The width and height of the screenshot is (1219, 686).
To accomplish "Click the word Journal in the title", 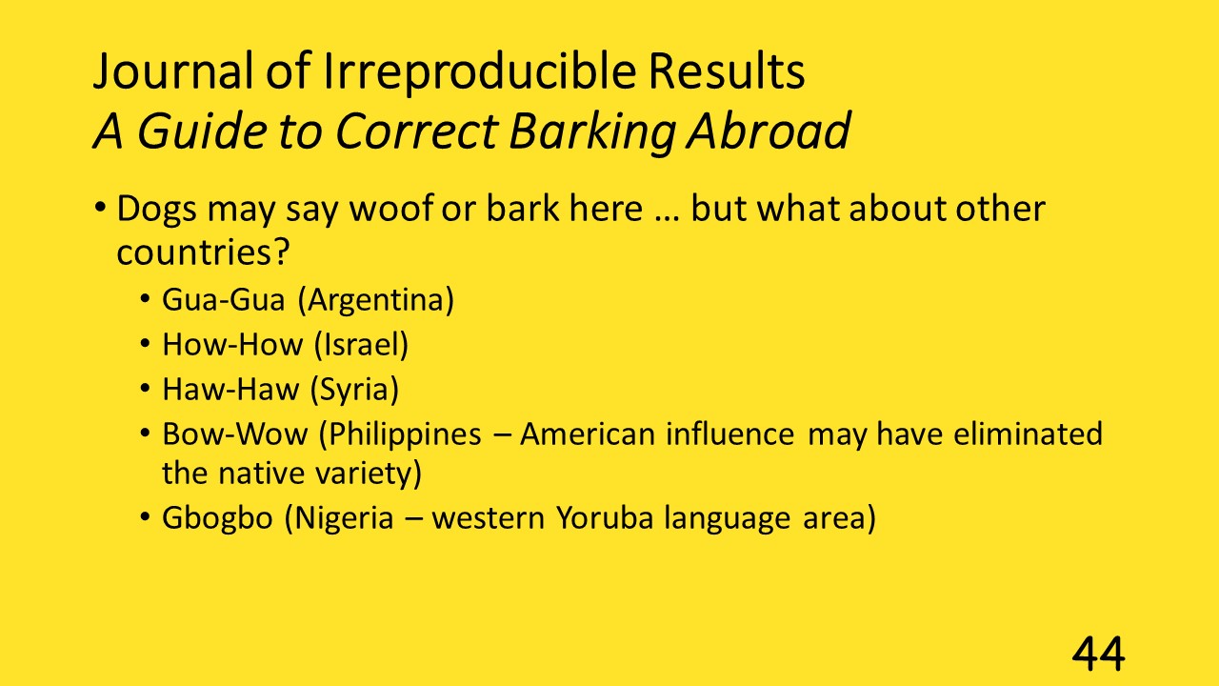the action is [173, 72].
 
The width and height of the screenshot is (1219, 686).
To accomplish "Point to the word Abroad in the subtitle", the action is [769, 131].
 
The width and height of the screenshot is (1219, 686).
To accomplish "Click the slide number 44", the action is [1098, 654].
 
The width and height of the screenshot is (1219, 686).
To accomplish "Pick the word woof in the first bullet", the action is [391, 208].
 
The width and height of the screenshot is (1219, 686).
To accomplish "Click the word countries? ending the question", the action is [203, 252].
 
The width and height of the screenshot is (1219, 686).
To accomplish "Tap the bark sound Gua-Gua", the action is [223, 299].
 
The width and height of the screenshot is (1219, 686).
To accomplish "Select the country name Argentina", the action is [376, 300].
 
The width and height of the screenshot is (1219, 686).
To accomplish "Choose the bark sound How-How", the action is [232, 345].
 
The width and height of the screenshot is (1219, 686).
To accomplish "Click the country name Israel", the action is [361, 345].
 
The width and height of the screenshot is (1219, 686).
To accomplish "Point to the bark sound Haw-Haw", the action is [230, 390].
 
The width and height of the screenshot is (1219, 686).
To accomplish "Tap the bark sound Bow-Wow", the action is [234, 434].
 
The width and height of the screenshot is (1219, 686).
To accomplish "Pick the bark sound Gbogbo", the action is [217, 517].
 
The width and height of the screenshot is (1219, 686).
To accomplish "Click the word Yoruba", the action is [605, 517].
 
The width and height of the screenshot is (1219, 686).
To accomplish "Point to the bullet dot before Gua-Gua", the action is [145, 299].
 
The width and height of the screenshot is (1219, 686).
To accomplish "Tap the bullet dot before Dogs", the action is [100, 208].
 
